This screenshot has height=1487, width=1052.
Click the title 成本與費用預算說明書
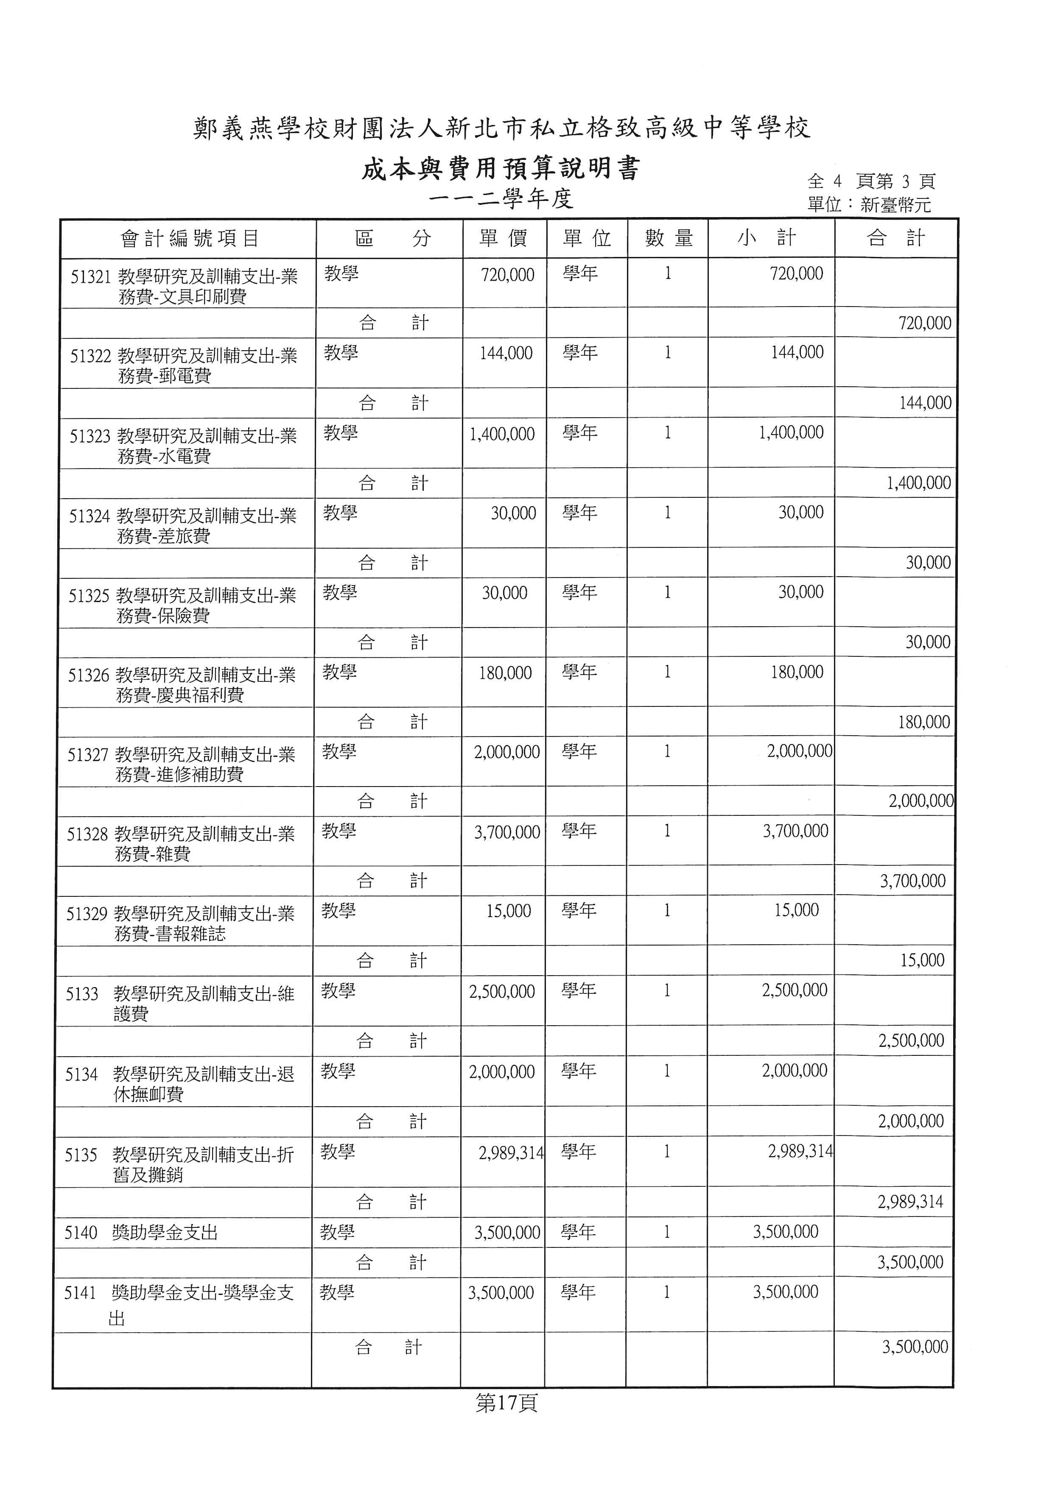point(500,169)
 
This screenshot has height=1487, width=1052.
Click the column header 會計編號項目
point(189,238)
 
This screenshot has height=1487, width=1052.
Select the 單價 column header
point(504,238)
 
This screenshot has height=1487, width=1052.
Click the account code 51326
point(88,675)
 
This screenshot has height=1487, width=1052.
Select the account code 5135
point(81,1155)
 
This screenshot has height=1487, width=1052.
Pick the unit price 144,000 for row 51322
point(506,353)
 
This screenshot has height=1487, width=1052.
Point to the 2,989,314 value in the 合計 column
point(910,1202)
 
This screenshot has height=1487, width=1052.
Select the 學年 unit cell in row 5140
point(578,1231)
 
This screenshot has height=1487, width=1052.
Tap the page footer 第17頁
point(506,1403)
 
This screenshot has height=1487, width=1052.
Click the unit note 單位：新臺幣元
point(869,205)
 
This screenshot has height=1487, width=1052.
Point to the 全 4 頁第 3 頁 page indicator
point(870,181)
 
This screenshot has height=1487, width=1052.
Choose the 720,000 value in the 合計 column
point(924,323)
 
